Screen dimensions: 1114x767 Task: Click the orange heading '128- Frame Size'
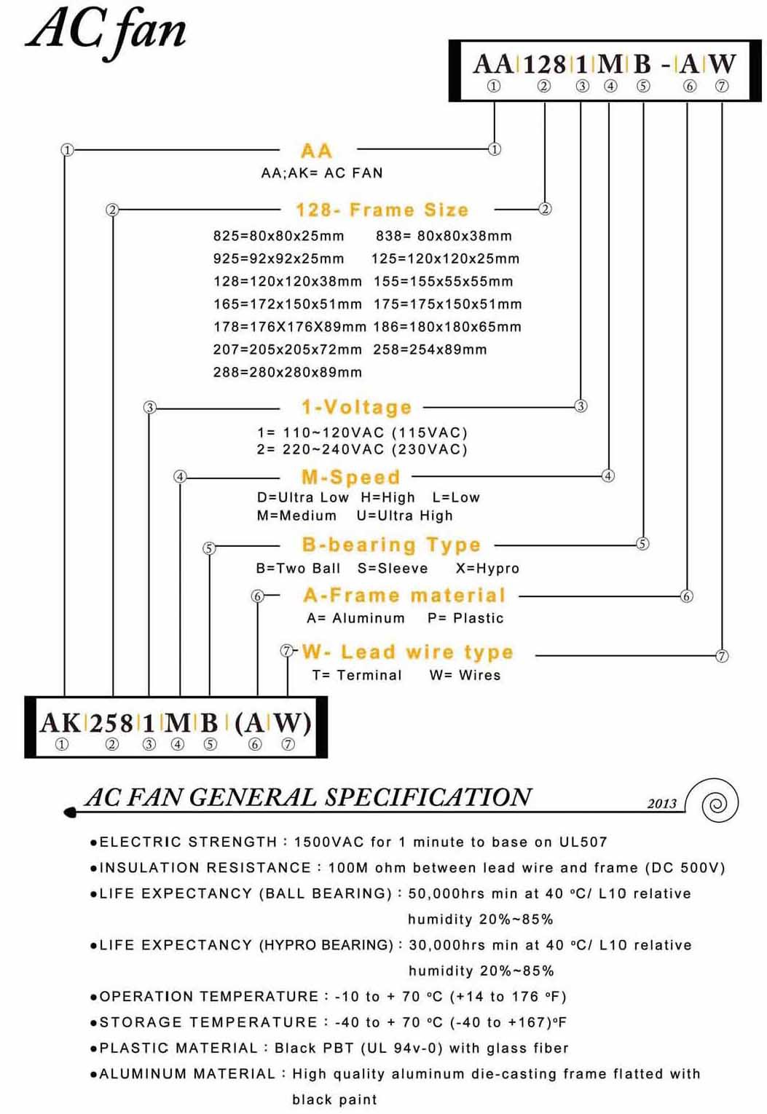click(x=382, y=210)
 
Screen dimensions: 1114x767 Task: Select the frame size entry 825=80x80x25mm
click(x=278, y=236)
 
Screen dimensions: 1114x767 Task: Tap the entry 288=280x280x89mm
click(x=287, y=372)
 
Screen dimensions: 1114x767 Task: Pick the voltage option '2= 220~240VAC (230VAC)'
click(x=362, y=449)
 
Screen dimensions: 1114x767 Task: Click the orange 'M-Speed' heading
click(x=350, y=478)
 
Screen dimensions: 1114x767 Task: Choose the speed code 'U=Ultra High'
click(x=404, y=515)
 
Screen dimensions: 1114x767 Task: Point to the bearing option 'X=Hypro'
click(x=487, y=568)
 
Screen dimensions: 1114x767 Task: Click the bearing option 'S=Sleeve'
click(x=393, y=568)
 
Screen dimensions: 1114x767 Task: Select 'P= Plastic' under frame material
click(x=465, y=618)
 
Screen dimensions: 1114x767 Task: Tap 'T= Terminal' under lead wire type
click(x=357, y=675)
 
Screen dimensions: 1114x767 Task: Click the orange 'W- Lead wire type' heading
click(x=407, y=652)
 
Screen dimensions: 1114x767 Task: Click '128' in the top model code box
click(x=544, y=64)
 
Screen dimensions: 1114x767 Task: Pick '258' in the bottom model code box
click(x=111, y=723)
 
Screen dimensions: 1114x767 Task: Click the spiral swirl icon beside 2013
click(x=718, y=802)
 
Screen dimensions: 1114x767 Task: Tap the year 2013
click(x=661, y=803)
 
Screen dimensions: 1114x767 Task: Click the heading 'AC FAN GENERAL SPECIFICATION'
click(x=308, y=797)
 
